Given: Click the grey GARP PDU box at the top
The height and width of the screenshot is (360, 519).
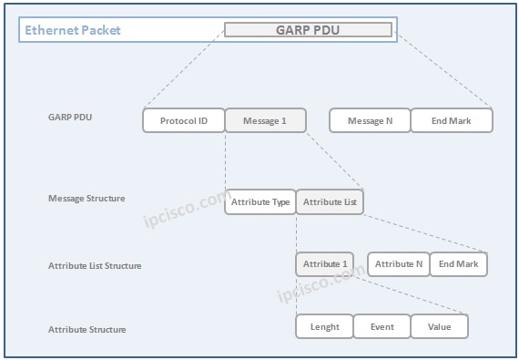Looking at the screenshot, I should point(308,29).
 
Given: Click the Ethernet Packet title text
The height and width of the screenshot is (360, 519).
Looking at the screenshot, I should point(73,30).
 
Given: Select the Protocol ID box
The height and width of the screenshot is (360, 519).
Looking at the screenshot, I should point(184,120).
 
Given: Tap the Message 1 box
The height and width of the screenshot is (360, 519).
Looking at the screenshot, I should point(265,120).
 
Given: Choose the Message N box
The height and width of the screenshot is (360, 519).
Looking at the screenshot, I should point(370,120).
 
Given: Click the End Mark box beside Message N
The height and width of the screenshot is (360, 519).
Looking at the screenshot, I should point(452,120).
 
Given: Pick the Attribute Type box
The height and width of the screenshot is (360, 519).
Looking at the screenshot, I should point(260,202).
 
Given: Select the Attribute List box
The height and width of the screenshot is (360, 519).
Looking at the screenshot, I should point(330,202).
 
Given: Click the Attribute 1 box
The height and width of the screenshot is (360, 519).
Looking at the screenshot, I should point(325,264).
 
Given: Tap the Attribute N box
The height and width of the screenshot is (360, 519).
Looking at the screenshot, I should point(399,264).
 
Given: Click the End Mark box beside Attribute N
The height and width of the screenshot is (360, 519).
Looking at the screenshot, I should point(459,264).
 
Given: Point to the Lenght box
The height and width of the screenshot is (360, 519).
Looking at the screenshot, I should point(325,326).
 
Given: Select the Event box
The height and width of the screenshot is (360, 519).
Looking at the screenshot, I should point(382,326).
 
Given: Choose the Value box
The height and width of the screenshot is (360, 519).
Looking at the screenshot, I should point(439,326).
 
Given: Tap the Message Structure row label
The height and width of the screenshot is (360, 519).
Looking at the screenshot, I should point(86,198).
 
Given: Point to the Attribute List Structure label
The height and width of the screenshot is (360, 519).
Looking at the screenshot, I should point(95,266).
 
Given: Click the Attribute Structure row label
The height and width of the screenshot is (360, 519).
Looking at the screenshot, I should point(87,329).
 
